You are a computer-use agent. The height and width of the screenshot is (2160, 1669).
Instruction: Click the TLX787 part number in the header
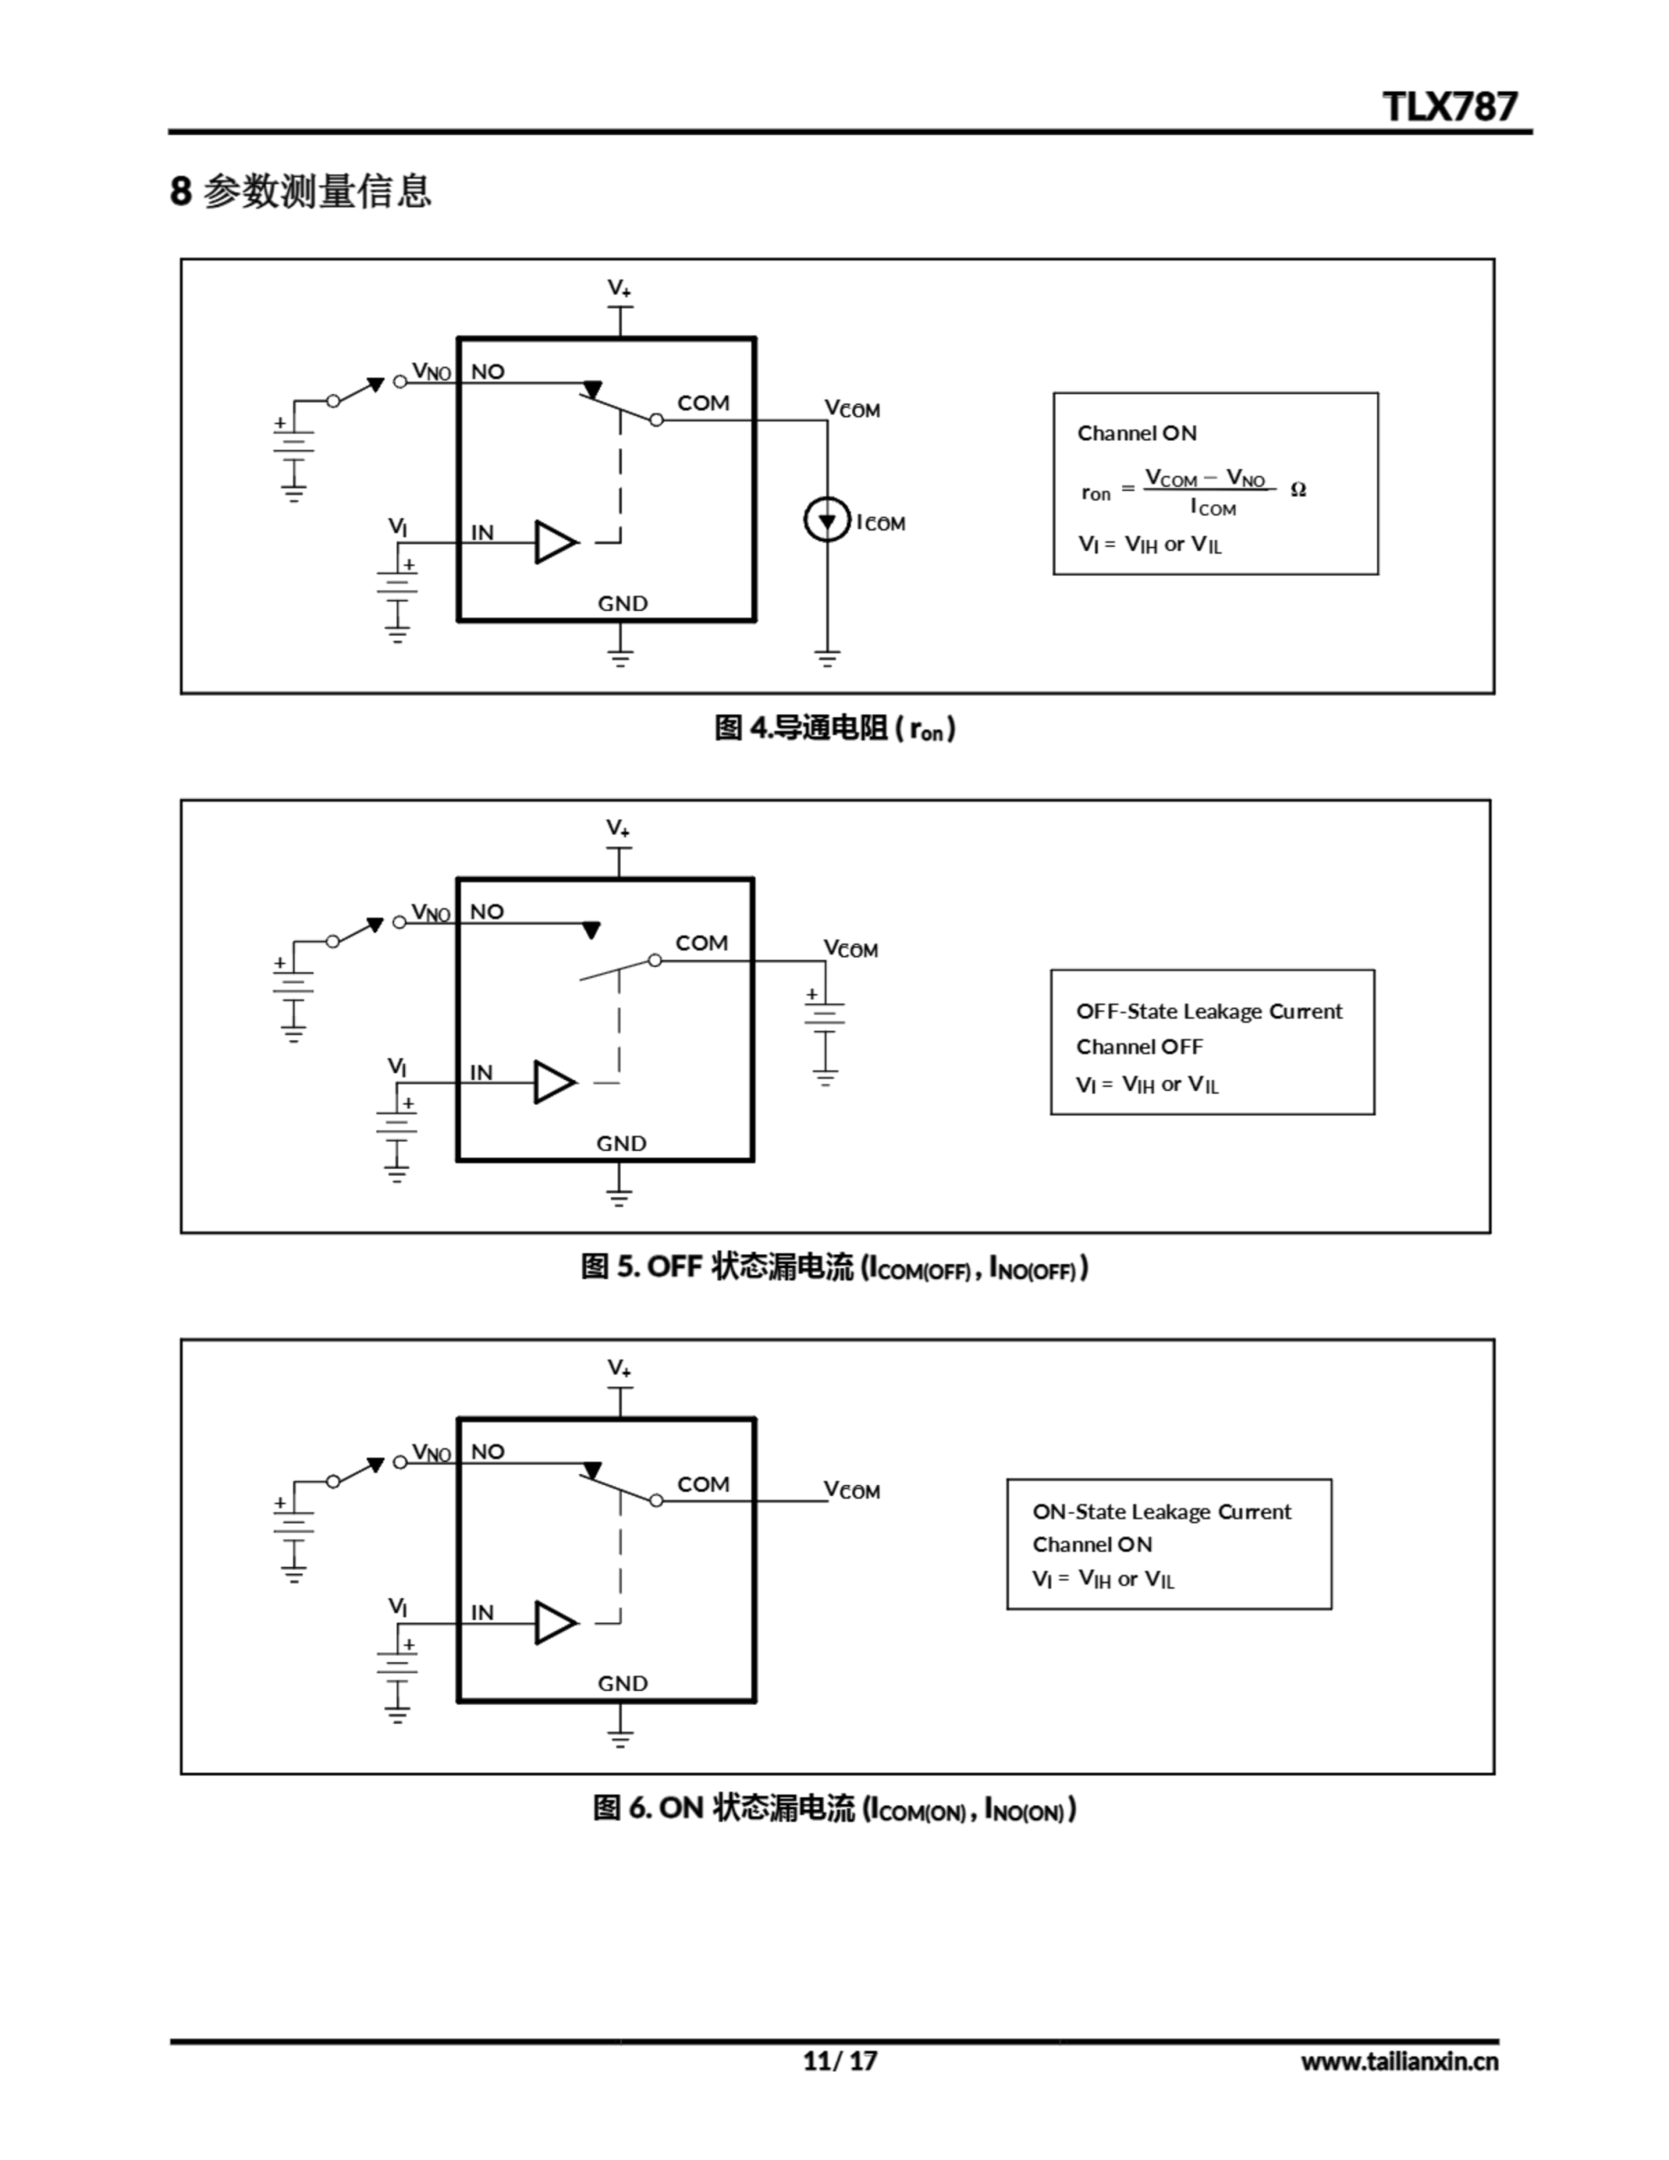pos(1449,105)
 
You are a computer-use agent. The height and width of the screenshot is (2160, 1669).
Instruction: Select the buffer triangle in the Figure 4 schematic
pos(555,542)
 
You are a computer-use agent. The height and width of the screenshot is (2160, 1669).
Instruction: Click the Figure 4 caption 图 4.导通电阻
pos(834,729)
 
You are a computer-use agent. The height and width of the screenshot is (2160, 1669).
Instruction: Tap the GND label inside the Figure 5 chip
pos(621,1143)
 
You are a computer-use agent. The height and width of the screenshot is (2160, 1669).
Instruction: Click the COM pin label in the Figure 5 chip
pos(701,943)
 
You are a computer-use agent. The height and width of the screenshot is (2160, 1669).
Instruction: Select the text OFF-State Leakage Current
pos(1209,1011)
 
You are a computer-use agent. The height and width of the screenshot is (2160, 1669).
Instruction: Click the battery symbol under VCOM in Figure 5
pos(825,1018)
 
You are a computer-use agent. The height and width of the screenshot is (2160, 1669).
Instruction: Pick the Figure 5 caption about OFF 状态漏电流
pos(834,1267)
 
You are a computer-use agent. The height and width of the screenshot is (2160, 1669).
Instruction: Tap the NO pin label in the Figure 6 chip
pos(488,1452)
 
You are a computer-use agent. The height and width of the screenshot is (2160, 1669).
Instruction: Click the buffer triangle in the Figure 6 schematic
pos(555,1623)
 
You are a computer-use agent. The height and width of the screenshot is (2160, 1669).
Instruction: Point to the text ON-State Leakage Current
pos(1162,1511)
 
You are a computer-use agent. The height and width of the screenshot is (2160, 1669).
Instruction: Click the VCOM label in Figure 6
pos(852,1490)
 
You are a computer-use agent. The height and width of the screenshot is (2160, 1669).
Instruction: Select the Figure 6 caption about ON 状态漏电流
pos(834,1808)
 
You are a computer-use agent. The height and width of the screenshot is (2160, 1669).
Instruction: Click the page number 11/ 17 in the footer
pos(839,2060)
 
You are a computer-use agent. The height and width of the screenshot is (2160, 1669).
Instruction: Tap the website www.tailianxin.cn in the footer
pos(1399,2061)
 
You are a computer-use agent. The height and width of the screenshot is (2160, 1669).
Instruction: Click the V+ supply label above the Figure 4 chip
pos(619,288)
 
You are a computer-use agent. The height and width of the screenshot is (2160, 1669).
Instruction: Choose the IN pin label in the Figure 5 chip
pos(481,1072)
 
